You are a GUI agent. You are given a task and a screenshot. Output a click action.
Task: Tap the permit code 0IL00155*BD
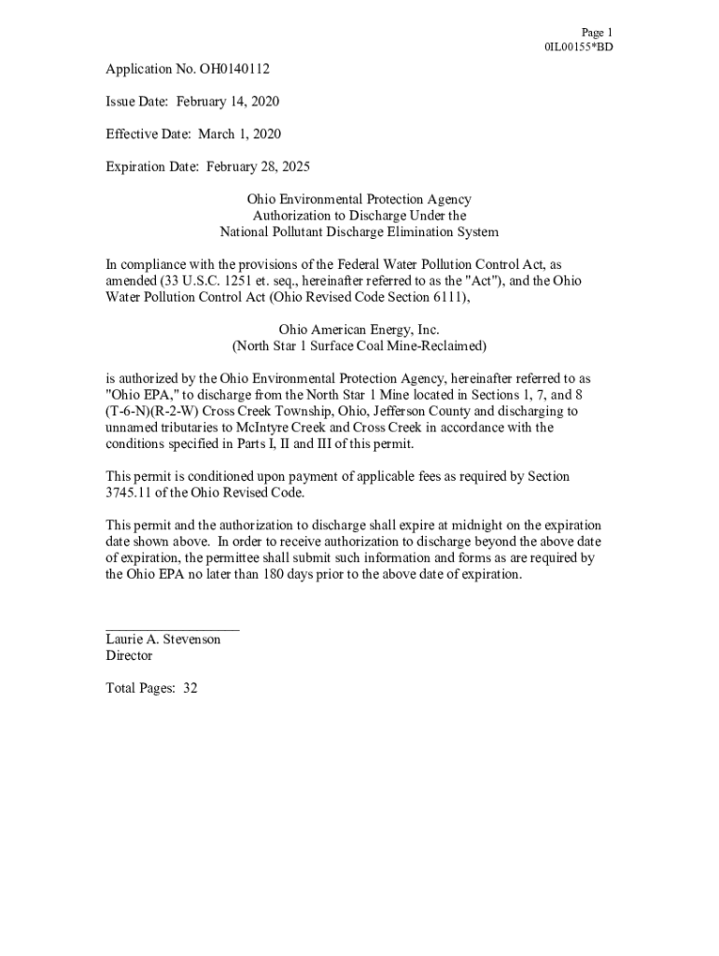click(x=578, y=48)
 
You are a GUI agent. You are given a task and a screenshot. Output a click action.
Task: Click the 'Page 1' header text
click(x=596, y=32)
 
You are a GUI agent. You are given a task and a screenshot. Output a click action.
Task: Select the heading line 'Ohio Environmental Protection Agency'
click(x=359, y=200)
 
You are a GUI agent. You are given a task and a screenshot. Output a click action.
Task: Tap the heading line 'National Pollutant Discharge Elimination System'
click(x=359, y=232)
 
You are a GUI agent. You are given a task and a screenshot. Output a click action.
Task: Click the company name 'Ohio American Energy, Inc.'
click(x=359, y=330)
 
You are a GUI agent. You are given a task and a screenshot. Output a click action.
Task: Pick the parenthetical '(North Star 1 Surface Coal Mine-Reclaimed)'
click(x=359, y=345)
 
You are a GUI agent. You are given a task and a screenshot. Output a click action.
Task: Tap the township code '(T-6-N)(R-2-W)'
click(x=153, y=411)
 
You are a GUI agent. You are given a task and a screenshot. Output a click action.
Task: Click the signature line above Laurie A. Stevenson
click(x=172, y=630)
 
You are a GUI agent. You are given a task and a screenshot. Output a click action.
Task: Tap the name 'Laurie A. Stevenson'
click(x=163, y=640)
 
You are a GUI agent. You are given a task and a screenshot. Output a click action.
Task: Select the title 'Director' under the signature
click(x=129, y=655)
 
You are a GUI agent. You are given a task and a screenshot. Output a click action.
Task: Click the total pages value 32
click(x=190, y=688)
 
